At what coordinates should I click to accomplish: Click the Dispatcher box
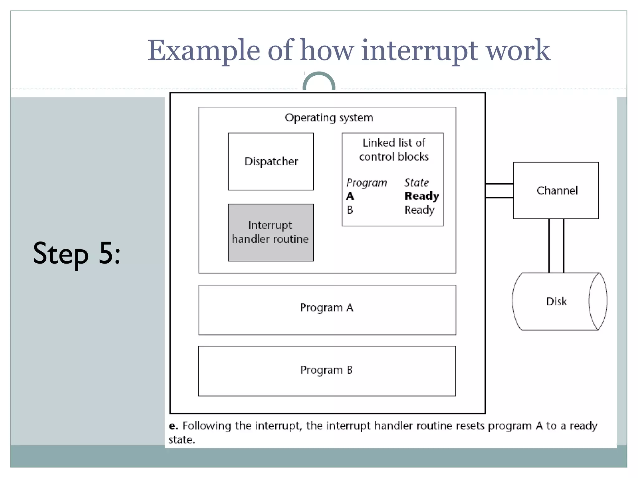coord(271,161)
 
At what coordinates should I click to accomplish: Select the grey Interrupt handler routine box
coord(271,232)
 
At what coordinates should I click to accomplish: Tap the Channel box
coord(556,190)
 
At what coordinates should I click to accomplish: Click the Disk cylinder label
coord(556,301)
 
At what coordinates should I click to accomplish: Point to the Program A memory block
coord(327,310)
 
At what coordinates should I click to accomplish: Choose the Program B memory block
coord(327,371)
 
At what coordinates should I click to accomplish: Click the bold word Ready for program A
coord(421,196)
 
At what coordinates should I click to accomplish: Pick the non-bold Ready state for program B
coord(419,210)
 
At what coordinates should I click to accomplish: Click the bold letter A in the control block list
coord(350,196)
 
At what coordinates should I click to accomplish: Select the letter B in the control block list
coord(350,210)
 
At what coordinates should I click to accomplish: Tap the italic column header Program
coord(367,183)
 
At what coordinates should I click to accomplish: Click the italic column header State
coord(417,182)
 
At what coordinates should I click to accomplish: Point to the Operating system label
coord(329,118)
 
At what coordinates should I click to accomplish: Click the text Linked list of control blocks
coord(394,150)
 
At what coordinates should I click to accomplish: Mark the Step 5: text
coord(77,253)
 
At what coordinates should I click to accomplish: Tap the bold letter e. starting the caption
coord(173,426)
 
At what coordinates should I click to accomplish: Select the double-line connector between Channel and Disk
coord(556,246)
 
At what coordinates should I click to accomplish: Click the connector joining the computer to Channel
coord(499,190)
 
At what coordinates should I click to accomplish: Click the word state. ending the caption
coord(182,440)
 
